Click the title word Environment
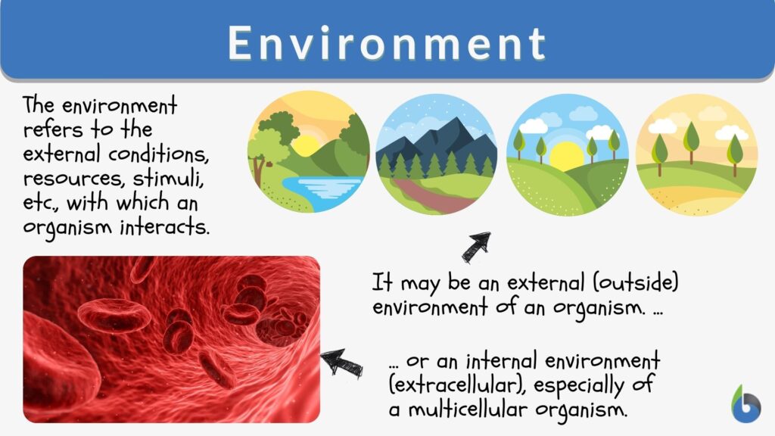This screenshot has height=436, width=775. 387,44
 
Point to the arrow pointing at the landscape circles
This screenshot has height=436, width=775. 476,247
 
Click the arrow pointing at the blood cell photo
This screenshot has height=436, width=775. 341,362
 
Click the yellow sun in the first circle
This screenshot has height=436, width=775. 307,145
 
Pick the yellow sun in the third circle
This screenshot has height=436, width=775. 567,156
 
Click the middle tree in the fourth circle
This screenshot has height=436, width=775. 691,141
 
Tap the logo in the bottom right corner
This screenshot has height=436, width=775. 746,403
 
